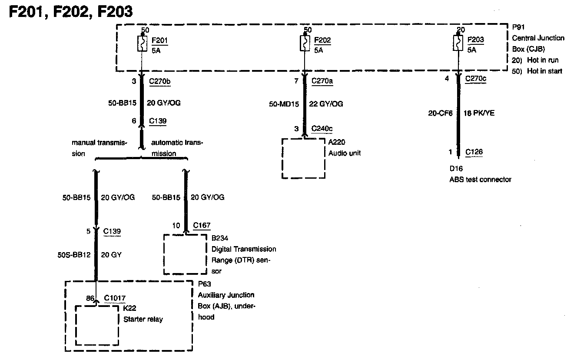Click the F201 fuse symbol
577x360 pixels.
pyautogui.click(x=142, y=44)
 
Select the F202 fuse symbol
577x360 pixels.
pyautogui.click(x=305, y=43)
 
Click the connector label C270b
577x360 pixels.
pyautogui.click(x=159, y=81)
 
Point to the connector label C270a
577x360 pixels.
pyautogui.click(x=322, y=81)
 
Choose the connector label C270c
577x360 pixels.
pyautogui.click(x=476, y=79)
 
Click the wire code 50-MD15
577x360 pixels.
pyautogui.click(x=284, y=104)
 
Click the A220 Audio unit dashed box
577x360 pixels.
pyautogui.click(x=304, y=158)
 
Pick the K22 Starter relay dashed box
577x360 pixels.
pyautogui.click(x=97, y=325)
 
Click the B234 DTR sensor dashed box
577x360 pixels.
pyautogui.click(x=185, y=254)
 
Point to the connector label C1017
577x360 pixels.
pyautogui.click(x=115, y=298)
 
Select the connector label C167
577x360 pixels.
pyautogui.click(x=202, y=225)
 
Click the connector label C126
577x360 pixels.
pyautogui.click(x=474, y=152)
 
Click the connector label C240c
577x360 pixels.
pyautogui.click(x=322, y=129)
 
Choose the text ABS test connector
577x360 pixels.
pyautogui.click(x=480, y=179)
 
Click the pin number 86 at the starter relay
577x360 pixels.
pyautogui.click(x=90, y=298)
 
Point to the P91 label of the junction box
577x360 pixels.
pyautogui.click(x=518, y=27)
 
